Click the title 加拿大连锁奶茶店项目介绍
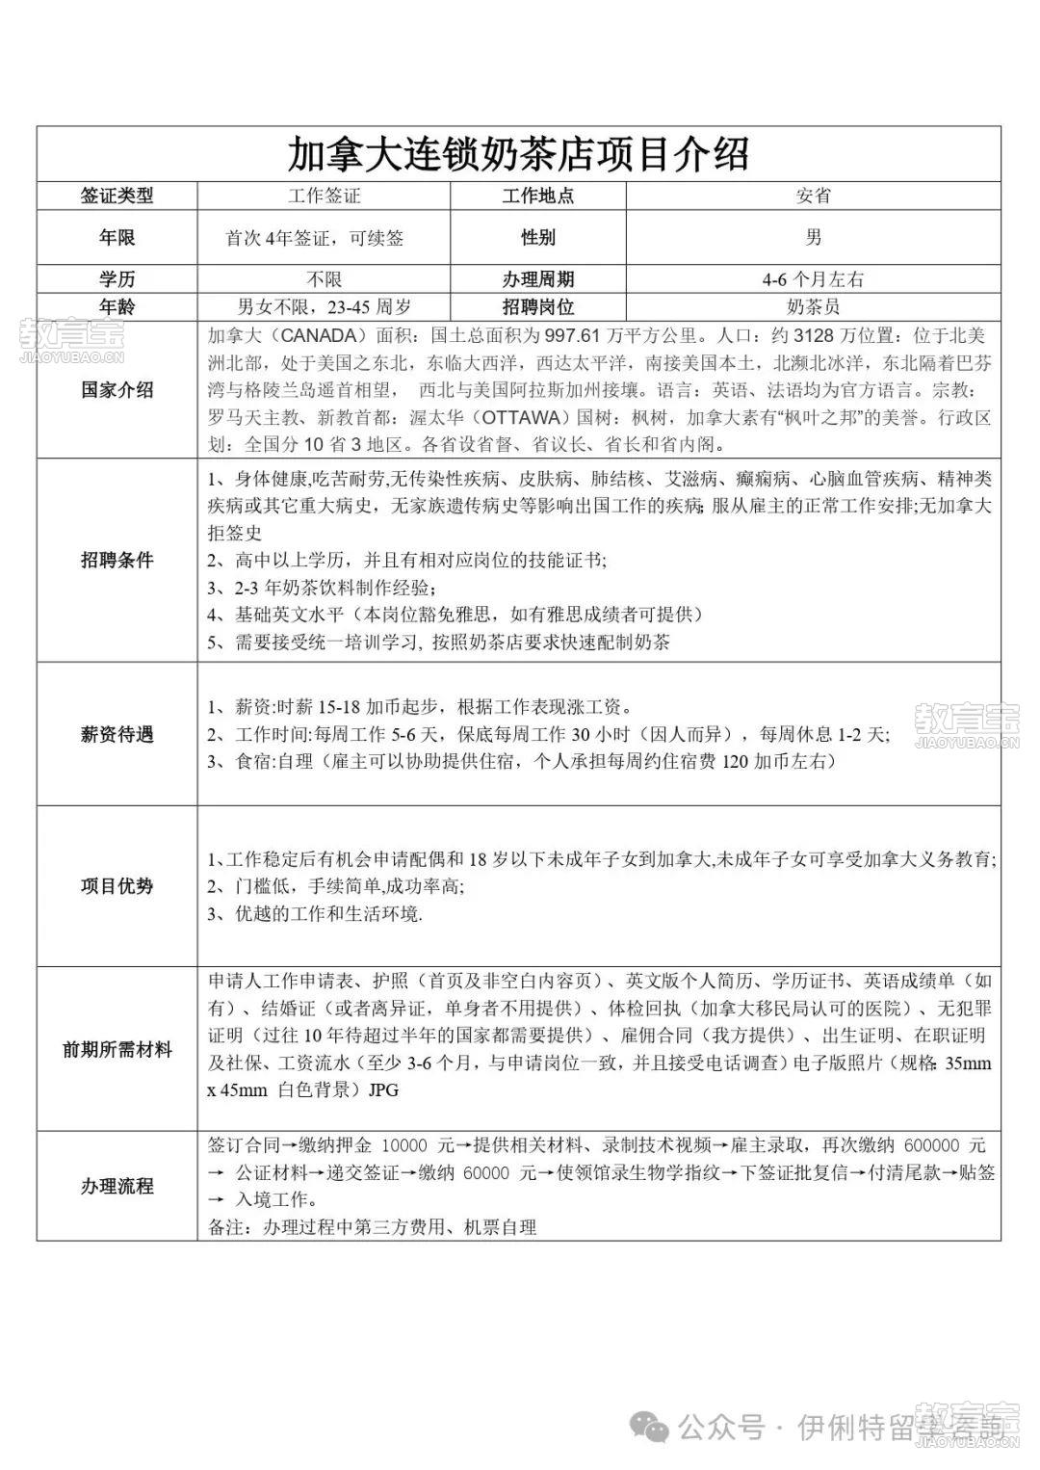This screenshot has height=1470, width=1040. (518, 154)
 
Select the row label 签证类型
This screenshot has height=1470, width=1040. (117, 196)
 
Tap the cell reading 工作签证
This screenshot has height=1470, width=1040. (325, 196)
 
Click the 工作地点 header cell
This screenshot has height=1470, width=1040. (537, 196)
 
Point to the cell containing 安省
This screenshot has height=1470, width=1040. (813, 196)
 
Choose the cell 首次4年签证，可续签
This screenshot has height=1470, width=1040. (315, 238)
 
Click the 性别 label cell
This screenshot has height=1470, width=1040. (537, 238)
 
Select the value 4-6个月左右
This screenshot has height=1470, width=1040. (813, 279)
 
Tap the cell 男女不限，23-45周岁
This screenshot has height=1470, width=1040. (325, 307)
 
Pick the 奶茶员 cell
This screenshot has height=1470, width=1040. (813, 307)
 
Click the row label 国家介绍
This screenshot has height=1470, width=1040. (117, 390)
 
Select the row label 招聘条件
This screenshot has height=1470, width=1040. (117, 560)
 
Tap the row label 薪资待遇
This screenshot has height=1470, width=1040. (117, 734)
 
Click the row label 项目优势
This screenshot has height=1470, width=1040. (117, 886)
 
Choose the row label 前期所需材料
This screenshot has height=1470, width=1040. (117, 1049)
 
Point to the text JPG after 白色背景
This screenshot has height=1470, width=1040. (382, 1091)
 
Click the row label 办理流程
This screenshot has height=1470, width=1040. (117, 1186)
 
